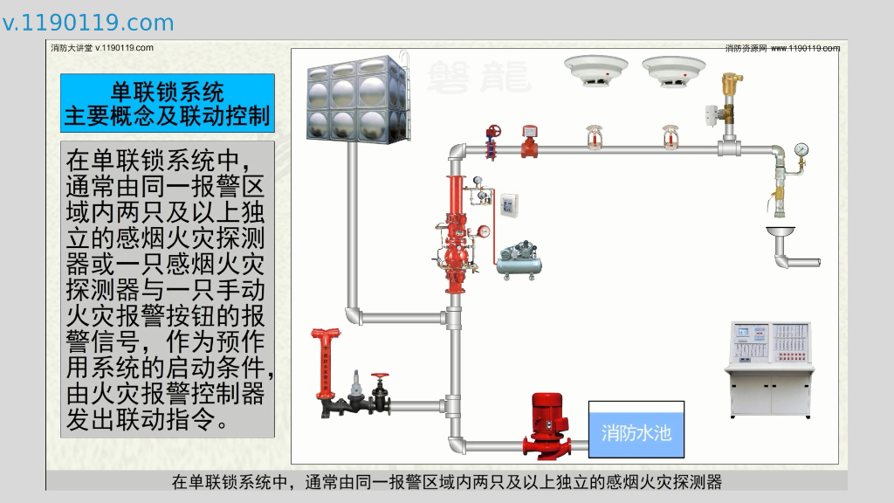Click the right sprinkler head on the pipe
[x=671, y=138]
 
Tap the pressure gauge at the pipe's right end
[x=801, y=150]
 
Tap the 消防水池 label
[x=636, y=431]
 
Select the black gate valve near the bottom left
[x=380, y=394]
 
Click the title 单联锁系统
[x=168, y=91]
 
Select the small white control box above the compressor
[x=507, y=206]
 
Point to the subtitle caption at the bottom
[x=447, y=481]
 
